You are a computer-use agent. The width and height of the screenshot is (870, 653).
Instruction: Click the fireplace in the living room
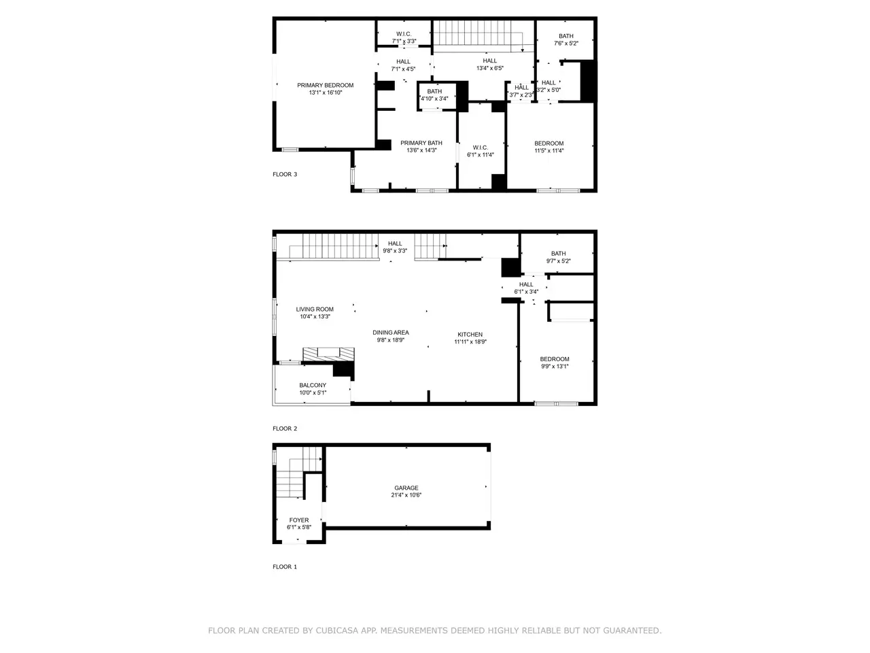point(328,354)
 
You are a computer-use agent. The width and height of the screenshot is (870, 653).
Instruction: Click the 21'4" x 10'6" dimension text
point(406,495)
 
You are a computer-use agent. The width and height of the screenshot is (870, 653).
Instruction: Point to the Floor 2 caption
point(285,429)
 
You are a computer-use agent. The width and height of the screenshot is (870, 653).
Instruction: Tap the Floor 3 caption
point(285,174)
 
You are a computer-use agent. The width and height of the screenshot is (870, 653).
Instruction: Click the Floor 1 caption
point(285,567)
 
